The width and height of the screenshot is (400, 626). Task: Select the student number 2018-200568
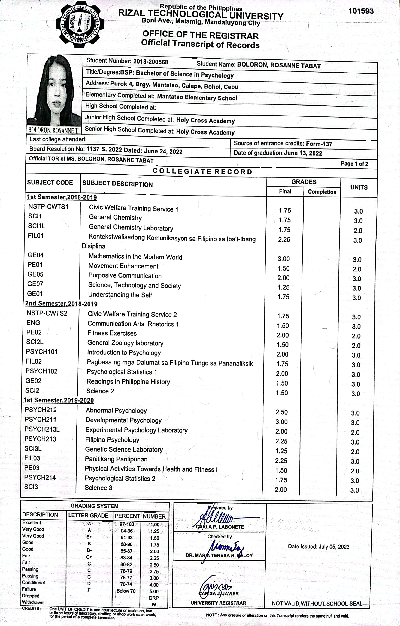[150, 62]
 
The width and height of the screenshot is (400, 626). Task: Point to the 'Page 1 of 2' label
[354, 164]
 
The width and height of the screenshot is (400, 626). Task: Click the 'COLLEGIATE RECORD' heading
[202, 172]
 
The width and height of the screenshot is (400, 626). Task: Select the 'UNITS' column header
[359, 187]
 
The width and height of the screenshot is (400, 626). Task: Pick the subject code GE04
[36, 255]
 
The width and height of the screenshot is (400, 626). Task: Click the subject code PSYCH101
[42, 352]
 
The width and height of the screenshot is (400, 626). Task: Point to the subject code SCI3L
[33, 448]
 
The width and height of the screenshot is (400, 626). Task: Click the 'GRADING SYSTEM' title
[95, 506]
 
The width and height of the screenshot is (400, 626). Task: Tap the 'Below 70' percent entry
[126, 591]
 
